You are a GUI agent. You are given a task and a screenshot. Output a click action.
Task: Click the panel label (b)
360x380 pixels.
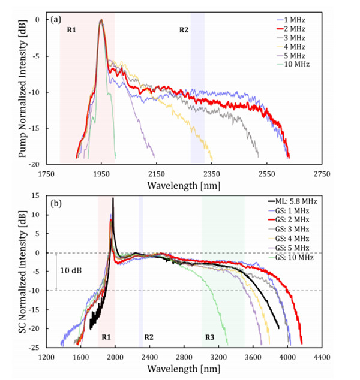tap(56, 203)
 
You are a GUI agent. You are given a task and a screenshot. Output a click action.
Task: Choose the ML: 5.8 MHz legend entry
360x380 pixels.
tap(298, 200)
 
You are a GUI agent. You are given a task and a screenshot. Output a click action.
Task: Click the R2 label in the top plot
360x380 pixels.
tap(184, 29)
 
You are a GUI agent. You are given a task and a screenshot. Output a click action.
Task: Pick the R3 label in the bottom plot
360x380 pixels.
tap(209, 337)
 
